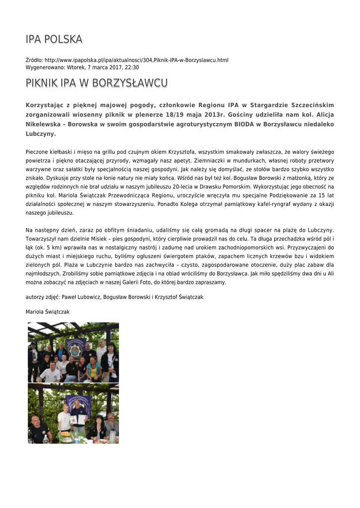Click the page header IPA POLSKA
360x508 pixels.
(54, 39)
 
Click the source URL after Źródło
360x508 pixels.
(137, 60)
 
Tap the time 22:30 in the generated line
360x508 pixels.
(132, 67)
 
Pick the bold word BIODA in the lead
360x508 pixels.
(244, 124)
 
